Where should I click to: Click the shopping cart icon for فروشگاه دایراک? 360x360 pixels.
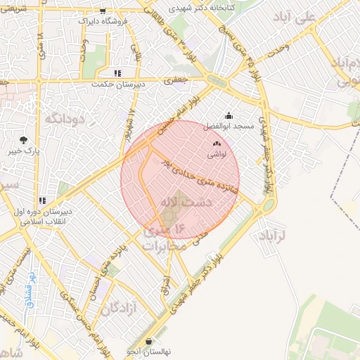click(103, 11)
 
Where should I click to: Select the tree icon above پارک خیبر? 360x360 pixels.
click(24, 140)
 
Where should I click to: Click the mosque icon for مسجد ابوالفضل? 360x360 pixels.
click(228, 116)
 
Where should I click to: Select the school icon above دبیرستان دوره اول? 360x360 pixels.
click(43, 200)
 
